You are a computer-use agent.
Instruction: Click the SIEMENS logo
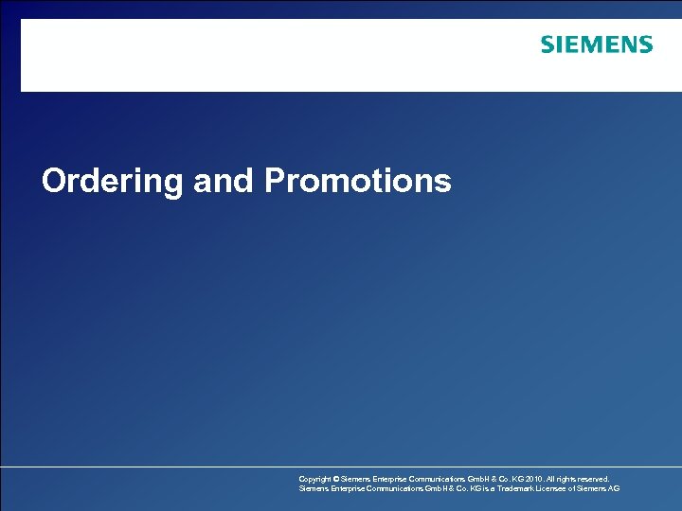click(596, 44)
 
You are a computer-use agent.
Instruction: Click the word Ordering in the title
click(112, 181)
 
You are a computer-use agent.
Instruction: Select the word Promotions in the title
click(358, 180)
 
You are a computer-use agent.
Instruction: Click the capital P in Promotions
click(276, 180)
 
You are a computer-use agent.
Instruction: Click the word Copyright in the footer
click(315, 479)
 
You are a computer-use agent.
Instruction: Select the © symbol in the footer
click(338, 479)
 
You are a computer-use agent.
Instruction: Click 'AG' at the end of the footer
click(614, 488)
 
